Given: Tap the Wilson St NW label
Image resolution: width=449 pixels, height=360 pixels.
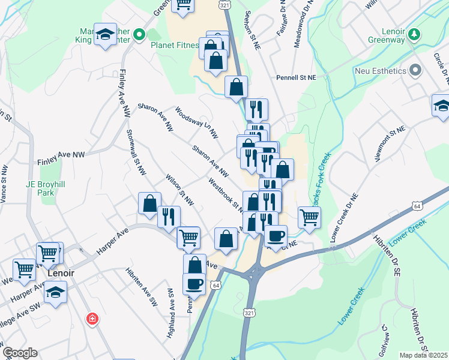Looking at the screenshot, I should click(x=180, y=188).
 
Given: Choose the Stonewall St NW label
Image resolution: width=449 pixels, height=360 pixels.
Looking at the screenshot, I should click(x=136, y=154).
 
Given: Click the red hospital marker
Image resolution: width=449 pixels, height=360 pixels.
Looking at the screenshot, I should click(x=92, y=318).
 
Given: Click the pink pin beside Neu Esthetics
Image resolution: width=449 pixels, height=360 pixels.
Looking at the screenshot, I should click(x=415, y=71).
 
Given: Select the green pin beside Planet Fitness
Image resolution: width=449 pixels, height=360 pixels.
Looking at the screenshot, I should click(x=139, y=35).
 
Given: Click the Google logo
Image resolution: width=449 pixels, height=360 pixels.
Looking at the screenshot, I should click(x=20, y=353).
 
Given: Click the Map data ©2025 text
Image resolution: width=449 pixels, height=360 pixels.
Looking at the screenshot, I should click(x=424, y=355).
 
